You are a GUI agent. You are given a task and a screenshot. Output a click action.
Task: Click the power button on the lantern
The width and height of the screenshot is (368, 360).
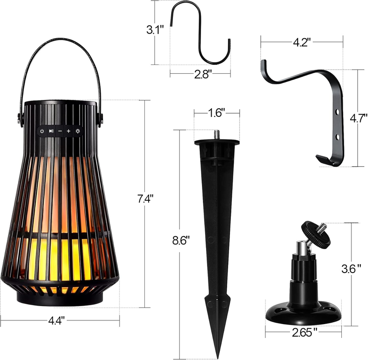[42, 131]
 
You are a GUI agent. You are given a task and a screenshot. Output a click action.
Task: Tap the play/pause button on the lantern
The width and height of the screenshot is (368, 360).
[51, 131]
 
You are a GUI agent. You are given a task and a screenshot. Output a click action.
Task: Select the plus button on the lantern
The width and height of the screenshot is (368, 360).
[68, 131]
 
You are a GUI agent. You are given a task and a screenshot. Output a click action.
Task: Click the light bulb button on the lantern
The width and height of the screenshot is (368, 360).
[78, 131]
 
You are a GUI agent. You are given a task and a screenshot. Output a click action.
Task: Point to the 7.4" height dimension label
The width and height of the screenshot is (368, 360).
[145, 199]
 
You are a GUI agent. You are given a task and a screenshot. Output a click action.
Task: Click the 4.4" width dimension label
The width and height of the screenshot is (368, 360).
[56, 320]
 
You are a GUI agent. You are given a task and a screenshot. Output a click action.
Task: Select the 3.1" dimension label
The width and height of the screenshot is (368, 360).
[155, 30]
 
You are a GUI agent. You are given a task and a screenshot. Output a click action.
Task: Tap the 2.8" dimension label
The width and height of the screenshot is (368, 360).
[203, 75]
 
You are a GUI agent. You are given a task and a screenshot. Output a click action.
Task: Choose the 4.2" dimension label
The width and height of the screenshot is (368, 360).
[302, 42]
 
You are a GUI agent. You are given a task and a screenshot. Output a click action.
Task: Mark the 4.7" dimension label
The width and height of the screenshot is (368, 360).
[358, 118]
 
